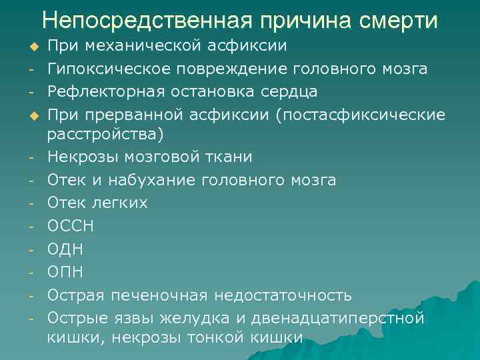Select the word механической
click(139, 47)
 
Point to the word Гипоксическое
click(107, 69)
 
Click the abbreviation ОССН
click(71, 226)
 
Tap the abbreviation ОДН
click(65, 249)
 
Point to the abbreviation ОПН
click(65, 271)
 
